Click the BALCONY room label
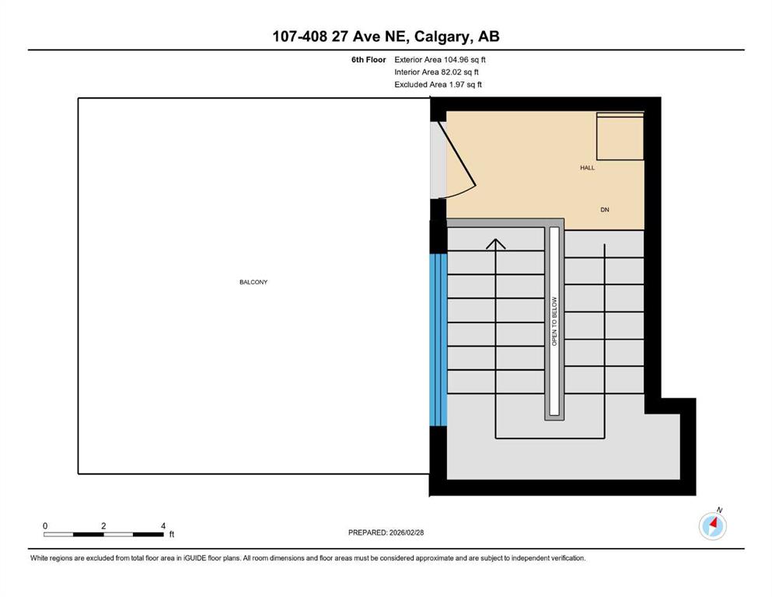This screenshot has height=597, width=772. (x=253, y=282)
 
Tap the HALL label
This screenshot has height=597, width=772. (x=588, y=168)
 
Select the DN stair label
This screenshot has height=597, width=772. (x=605, y=210)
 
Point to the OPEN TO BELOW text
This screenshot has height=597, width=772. (x=554, y=321)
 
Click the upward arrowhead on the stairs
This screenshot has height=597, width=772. (x=496, y=243)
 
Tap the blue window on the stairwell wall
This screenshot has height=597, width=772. (x=438, y=340)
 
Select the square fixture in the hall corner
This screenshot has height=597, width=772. (x=620, y=136)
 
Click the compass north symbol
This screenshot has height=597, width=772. (x=713, y=525)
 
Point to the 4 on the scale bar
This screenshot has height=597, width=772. (x=163, y=526)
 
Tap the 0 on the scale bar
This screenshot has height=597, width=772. (x=45, y=526)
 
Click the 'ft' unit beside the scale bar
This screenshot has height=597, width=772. (x=172, y=534)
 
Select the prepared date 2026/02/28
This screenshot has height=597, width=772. (x=406, y=532)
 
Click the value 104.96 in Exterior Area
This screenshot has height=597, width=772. (x=458, y=60)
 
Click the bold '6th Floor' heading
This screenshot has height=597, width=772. (x=369, y=60)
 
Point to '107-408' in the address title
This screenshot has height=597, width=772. (x=300, y=37)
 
